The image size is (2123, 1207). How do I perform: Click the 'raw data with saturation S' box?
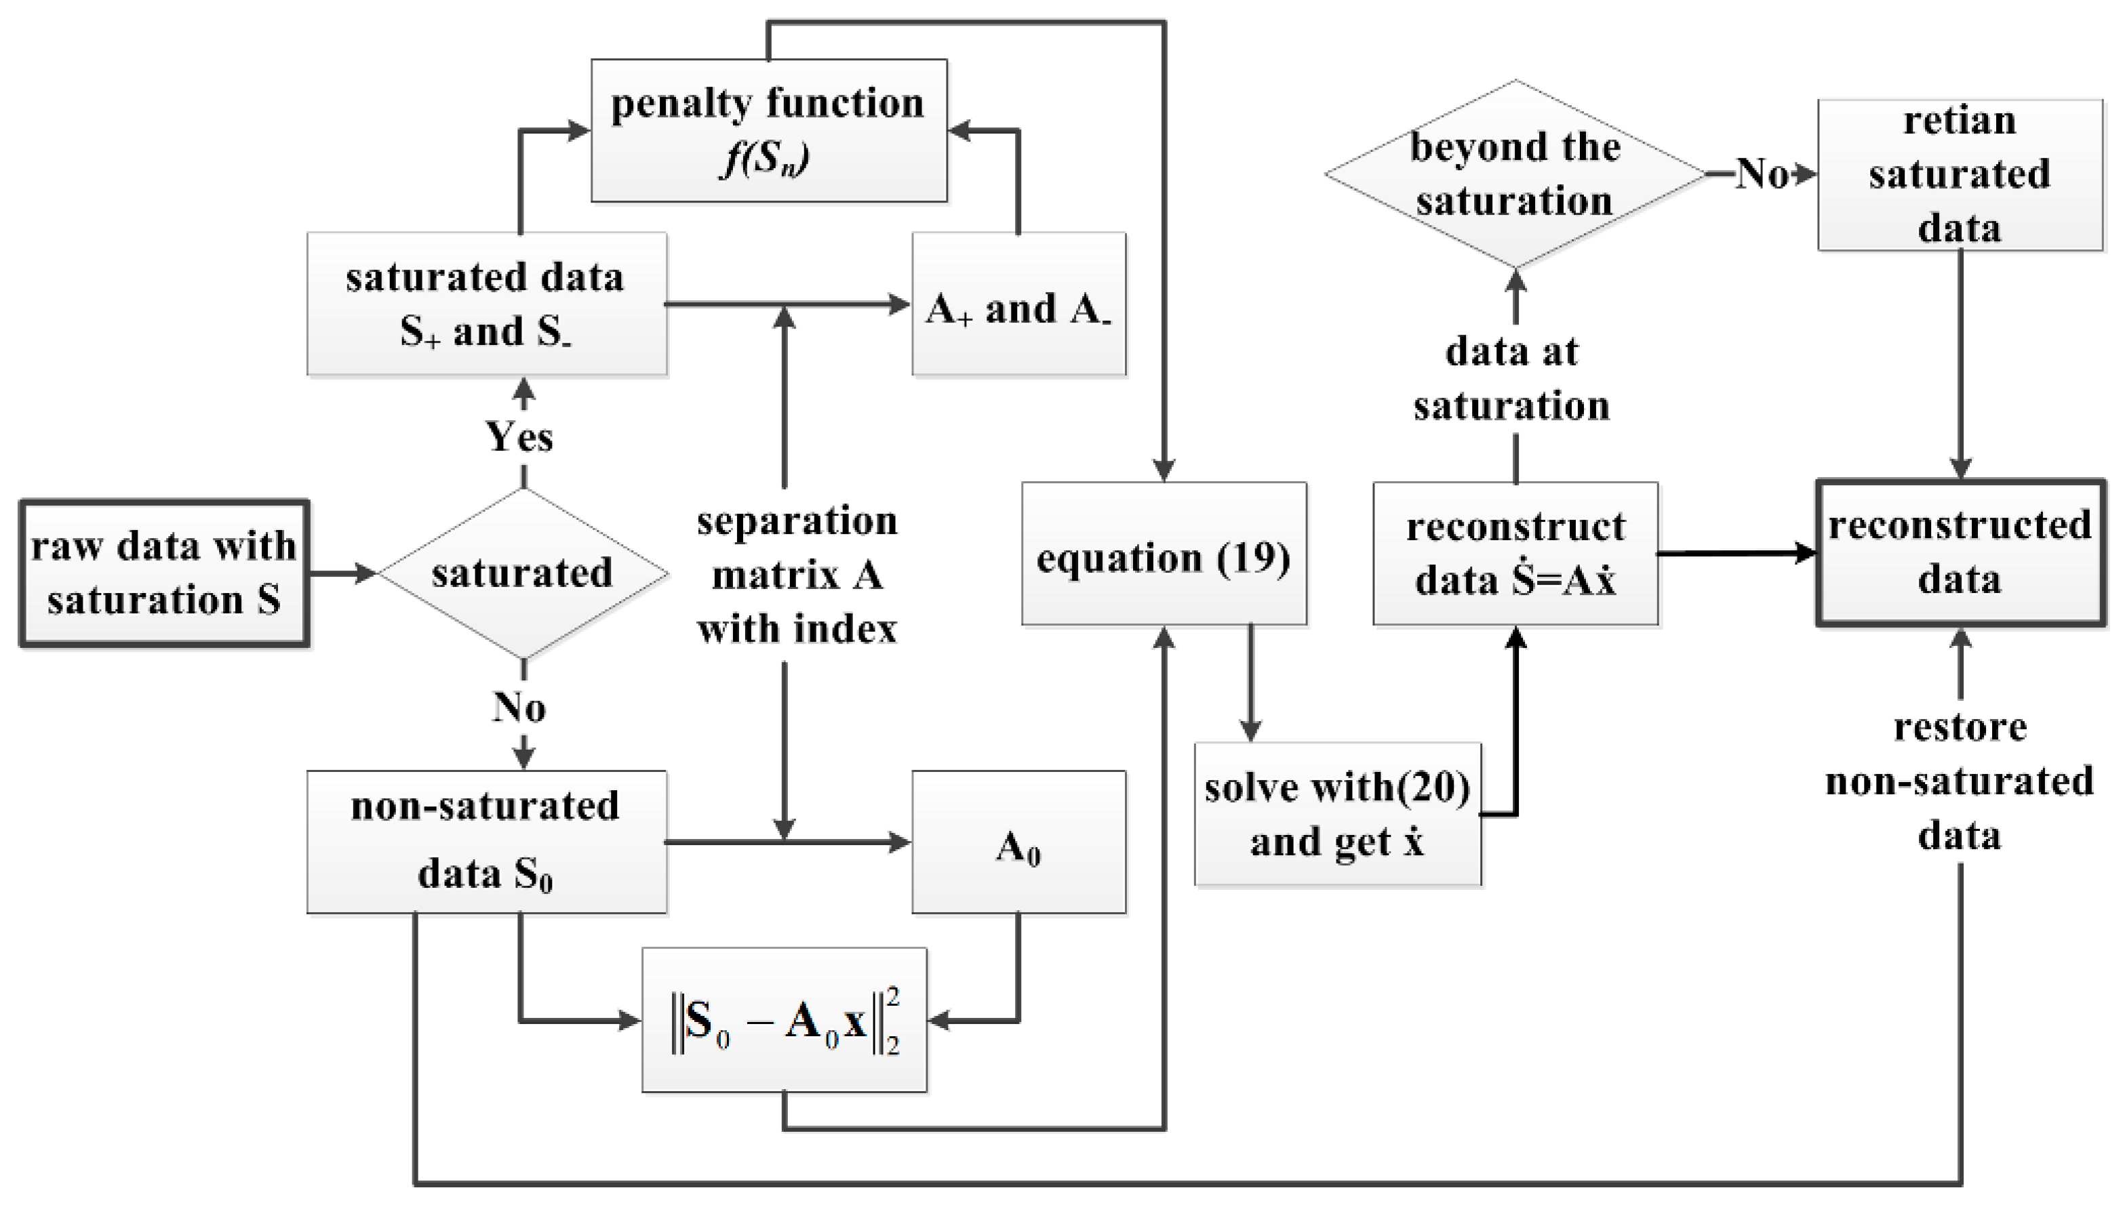tap(164, 573)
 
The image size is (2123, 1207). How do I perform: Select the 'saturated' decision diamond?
tap(523, 573)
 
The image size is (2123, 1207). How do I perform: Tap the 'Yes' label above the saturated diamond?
tap(519, 436)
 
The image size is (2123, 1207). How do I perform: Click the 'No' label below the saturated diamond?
tap(519, 707)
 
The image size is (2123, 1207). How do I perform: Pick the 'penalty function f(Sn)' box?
tap(769, 130)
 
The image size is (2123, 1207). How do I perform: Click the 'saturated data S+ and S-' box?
tap(486, 304)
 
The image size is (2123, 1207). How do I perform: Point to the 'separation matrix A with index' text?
tap(796, 575)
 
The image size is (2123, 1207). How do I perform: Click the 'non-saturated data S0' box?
tap(486, 842)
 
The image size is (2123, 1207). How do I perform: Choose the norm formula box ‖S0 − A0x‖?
tap(784, 1020)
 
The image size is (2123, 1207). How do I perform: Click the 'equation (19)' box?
tap(1164, 554)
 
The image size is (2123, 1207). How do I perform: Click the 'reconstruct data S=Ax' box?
tap(1515, 554)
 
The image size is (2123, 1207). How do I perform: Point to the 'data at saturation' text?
tap(1513, 379)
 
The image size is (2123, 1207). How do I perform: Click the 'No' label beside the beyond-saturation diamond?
tap(1762, 174)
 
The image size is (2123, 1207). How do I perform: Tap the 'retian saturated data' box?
tap(1960, 175)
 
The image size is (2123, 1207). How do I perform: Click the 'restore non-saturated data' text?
tap(1960, 781)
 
